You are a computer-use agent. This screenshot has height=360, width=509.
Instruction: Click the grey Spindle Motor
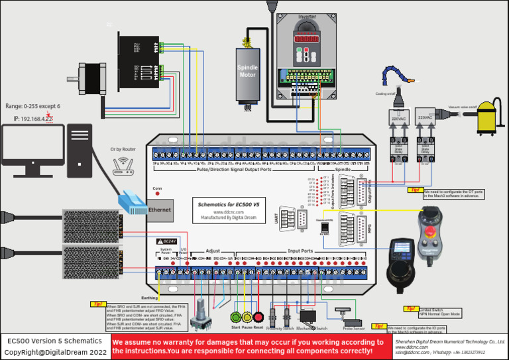[x=248, y=73]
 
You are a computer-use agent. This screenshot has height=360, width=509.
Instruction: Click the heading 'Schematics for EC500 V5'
[x=229, y=204]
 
